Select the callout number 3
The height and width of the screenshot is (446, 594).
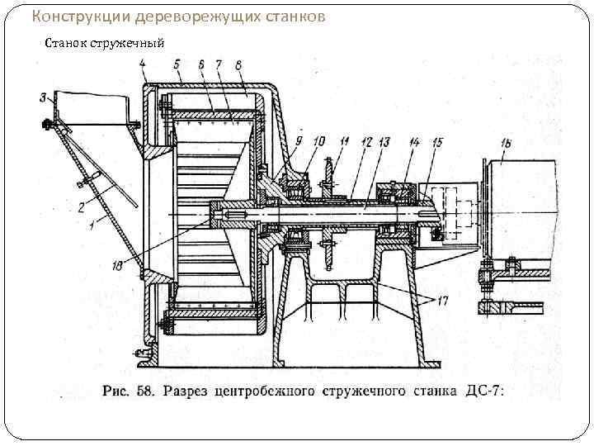click(42, 98)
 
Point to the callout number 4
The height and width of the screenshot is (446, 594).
click(142, 64)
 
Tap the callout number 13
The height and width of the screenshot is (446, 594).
click(384, 142)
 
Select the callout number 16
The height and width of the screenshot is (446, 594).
click(506, 144)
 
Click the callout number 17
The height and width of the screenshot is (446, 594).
click(442, 302)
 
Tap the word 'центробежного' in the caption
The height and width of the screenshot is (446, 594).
click(268, 389)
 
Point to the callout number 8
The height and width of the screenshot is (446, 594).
click(238, 64)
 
